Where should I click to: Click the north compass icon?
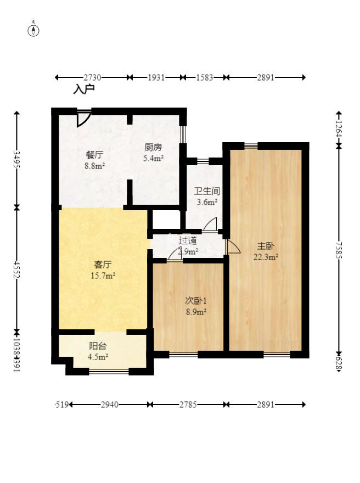pos(34,30)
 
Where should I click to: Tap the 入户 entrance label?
pos(84,88)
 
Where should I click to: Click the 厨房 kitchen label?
pos(153,147)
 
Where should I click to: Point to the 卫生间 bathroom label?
pos(207,192)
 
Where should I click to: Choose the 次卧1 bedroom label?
pos(195,301)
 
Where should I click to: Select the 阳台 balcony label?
pos(98,346)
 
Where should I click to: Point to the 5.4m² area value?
pos(153,158)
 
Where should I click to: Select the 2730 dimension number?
pos(92,78)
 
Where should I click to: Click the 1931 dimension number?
pos(156,78)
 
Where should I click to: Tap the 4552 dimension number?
pos(16,269)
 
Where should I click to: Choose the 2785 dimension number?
pos(188,405)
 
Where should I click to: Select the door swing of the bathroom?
pos(211,223)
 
